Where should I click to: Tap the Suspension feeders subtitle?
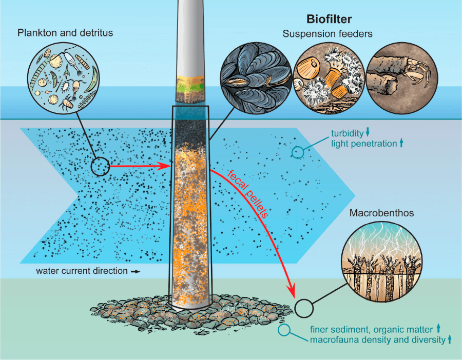328,34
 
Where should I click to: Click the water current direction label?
81,270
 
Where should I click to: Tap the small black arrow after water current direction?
136,271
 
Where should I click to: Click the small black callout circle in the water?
101,166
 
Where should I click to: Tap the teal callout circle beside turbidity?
298,152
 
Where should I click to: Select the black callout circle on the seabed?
303,308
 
